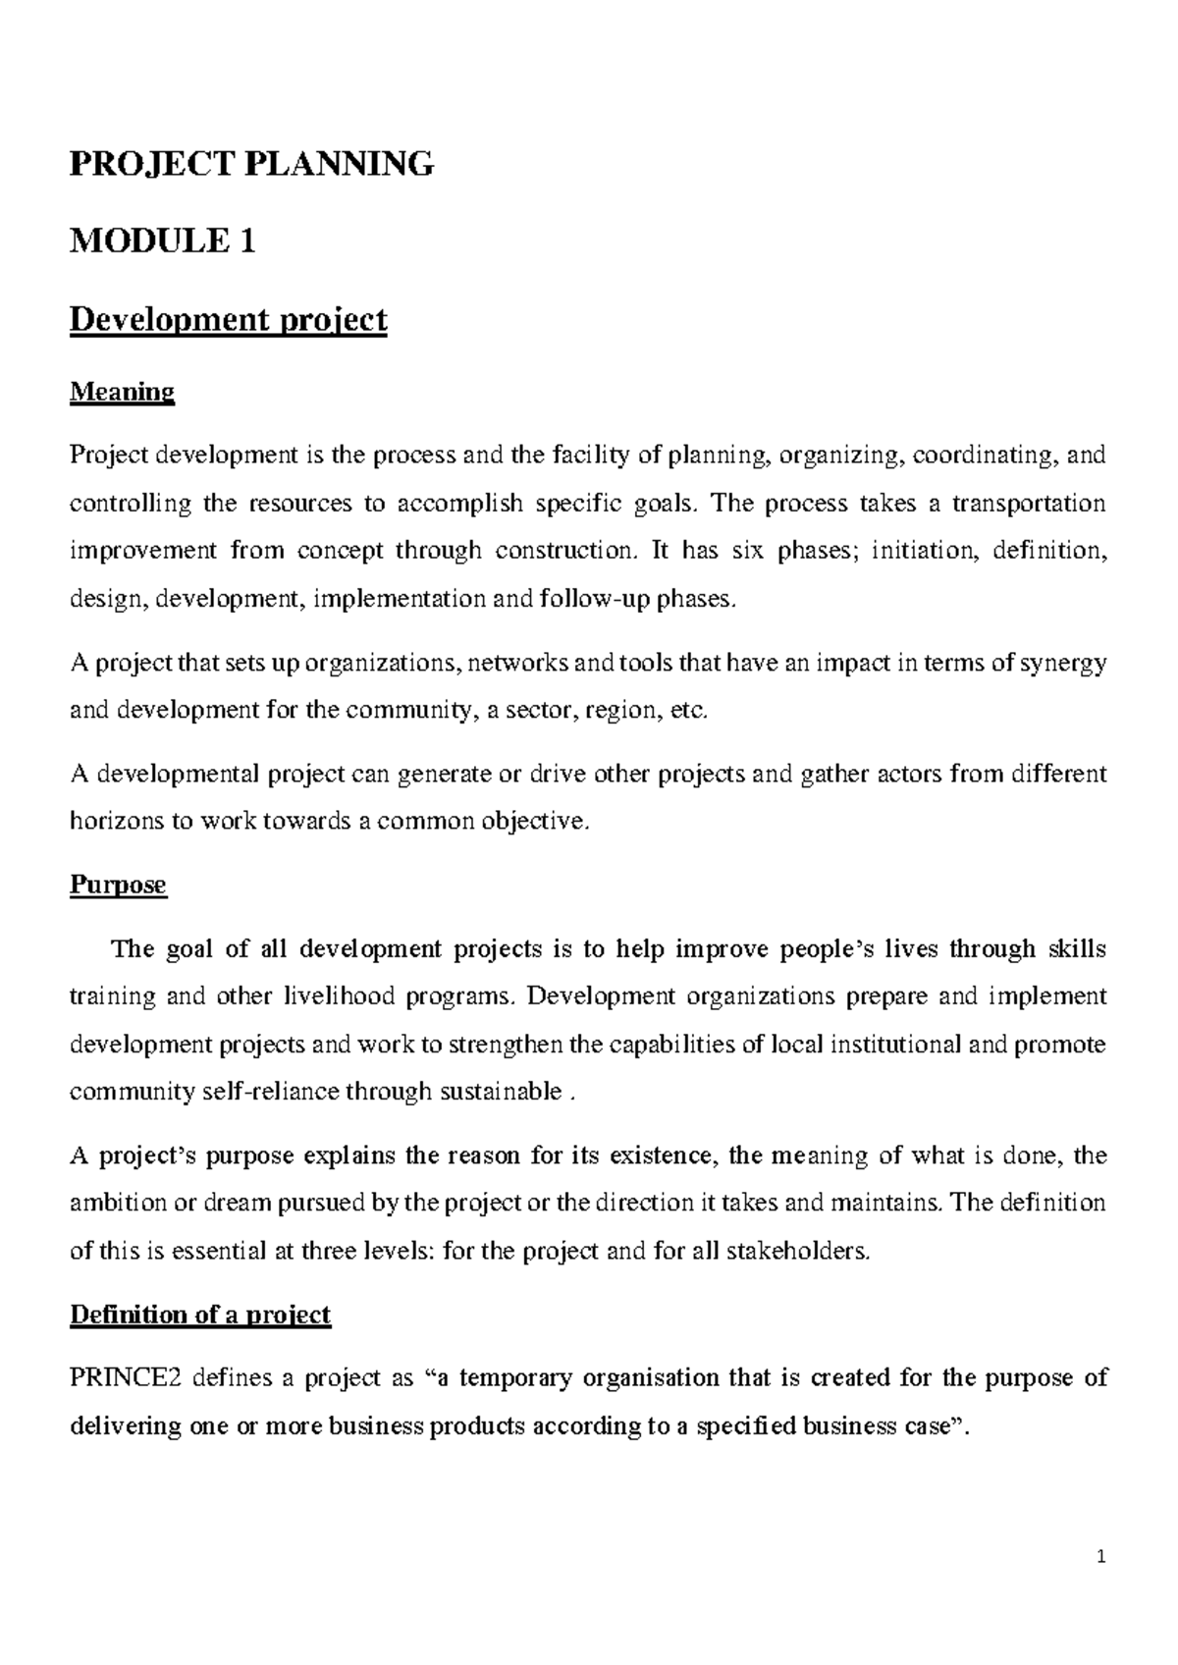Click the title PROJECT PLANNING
[251, 164]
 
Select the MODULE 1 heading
[163, 241]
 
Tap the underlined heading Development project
[229, 320]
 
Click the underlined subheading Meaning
[122, 393]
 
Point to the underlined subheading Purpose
[118, 886]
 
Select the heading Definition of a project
[200, 1315]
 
